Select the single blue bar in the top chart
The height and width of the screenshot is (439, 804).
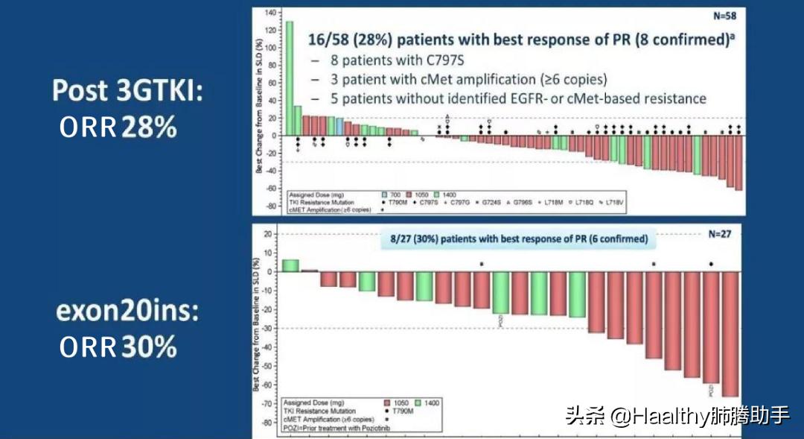339,127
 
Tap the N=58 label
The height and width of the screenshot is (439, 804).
727,16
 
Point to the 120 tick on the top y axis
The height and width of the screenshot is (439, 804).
269,31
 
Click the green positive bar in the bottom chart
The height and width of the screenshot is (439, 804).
290,265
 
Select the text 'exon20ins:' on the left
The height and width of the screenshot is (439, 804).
127,311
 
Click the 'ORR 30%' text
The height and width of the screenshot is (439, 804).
118,347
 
